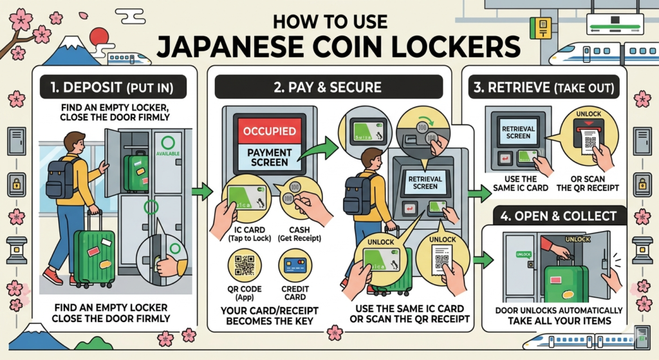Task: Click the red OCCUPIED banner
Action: pos(270,131)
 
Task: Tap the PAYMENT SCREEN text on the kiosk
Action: pos(270,157)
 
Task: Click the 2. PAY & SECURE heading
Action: pos(328,86)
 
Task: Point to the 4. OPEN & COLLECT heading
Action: pos(553,215)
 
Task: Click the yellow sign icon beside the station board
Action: pos(540,26)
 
